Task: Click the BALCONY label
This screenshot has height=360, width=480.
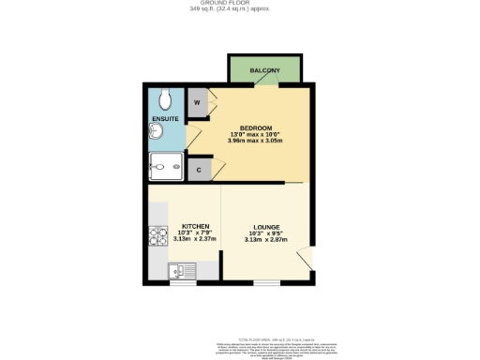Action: click(x=263, y=70)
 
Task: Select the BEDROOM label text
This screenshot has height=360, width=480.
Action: click(x=256, y=127)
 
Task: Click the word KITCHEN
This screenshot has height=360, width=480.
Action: click(x=195, y=226)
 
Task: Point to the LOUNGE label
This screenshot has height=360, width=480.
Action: click(x=264, y=226)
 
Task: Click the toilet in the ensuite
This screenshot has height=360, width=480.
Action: click(x=166, y=98)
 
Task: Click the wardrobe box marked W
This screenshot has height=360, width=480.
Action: click(x=197, y=102)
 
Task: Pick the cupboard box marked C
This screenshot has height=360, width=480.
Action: click(x=197, y=170)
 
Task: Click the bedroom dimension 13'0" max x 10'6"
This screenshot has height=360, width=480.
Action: click(x=256, y=134)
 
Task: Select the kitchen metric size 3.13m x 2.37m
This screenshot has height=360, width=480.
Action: click(x=195, y=239)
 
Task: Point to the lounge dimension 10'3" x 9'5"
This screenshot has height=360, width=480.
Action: click(x=264, y=232)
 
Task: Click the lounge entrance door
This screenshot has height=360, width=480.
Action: click(x=305, y=258)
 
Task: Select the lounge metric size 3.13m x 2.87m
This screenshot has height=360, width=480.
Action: click(x=264, y=239)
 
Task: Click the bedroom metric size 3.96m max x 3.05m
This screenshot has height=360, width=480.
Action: click(x=256, y=141)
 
